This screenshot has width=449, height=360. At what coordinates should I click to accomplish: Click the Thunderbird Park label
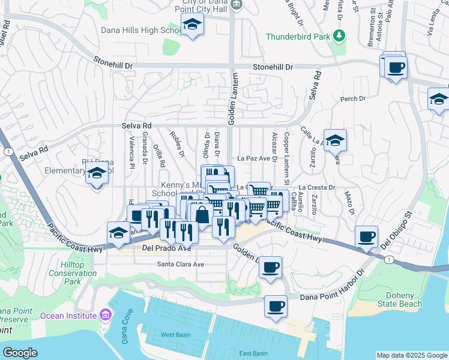(x=299, y=37)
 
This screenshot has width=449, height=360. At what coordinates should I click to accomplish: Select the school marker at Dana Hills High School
(x=192, y=25)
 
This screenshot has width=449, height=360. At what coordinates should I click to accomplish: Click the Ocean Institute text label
(x=68, y=316)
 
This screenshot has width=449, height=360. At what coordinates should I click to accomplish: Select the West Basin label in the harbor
(x=175, y=334)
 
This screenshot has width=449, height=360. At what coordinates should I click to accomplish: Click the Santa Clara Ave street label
(x=181, y=264)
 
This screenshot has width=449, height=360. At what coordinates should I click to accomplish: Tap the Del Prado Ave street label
(x=161, y=248)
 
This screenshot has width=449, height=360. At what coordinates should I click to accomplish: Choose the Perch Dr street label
(x=353, y=99)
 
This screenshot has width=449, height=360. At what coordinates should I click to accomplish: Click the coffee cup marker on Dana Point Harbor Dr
(x=276, y=306)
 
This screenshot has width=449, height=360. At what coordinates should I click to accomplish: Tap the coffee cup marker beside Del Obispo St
(x=366, y=236)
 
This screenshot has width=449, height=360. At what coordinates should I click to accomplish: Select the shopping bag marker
(x=203, y=214)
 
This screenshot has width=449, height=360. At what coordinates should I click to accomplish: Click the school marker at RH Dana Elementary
(x=97, y=174)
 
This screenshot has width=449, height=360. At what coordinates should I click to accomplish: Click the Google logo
(x=20, y=352)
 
